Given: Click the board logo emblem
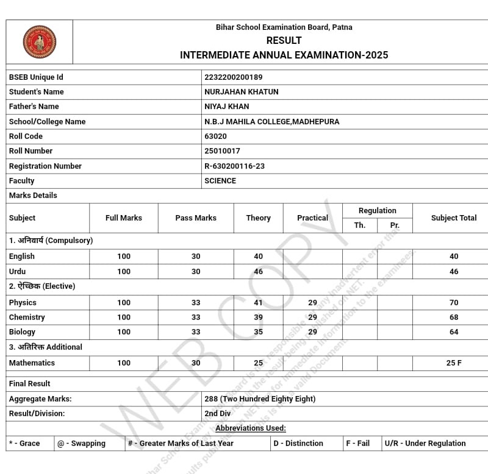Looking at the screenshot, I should click(39, 41).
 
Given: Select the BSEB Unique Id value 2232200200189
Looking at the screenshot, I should click(234, 77).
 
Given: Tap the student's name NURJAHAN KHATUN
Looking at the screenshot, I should click(241, 92).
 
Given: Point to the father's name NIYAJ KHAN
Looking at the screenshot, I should click(226, 107).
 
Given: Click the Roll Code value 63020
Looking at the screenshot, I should click(215, 136).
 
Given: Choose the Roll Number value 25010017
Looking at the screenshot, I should click(222, 151).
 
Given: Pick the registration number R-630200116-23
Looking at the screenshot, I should click(234, 166).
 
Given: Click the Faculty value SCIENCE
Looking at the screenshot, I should click(220, 181).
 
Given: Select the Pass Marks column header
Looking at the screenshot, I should click(196, 218).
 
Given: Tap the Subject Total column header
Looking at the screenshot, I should click(454, 218).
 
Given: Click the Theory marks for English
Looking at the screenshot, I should click(259, 256).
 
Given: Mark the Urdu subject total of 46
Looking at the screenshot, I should click(454, 272).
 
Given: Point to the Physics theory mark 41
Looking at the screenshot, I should click(259, 303).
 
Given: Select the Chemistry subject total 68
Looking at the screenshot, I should click(454, 317).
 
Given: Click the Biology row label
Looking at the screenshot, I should click(22, 332).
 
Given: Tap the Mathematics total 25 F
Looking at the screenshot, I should click(454, 363).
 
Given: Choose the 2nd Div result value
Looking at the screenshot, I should click(218, 414).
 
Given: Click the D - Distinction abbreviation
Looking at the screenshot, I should click(298, 444).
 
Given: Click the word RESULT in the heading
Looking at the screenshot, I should click(284, 41).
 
